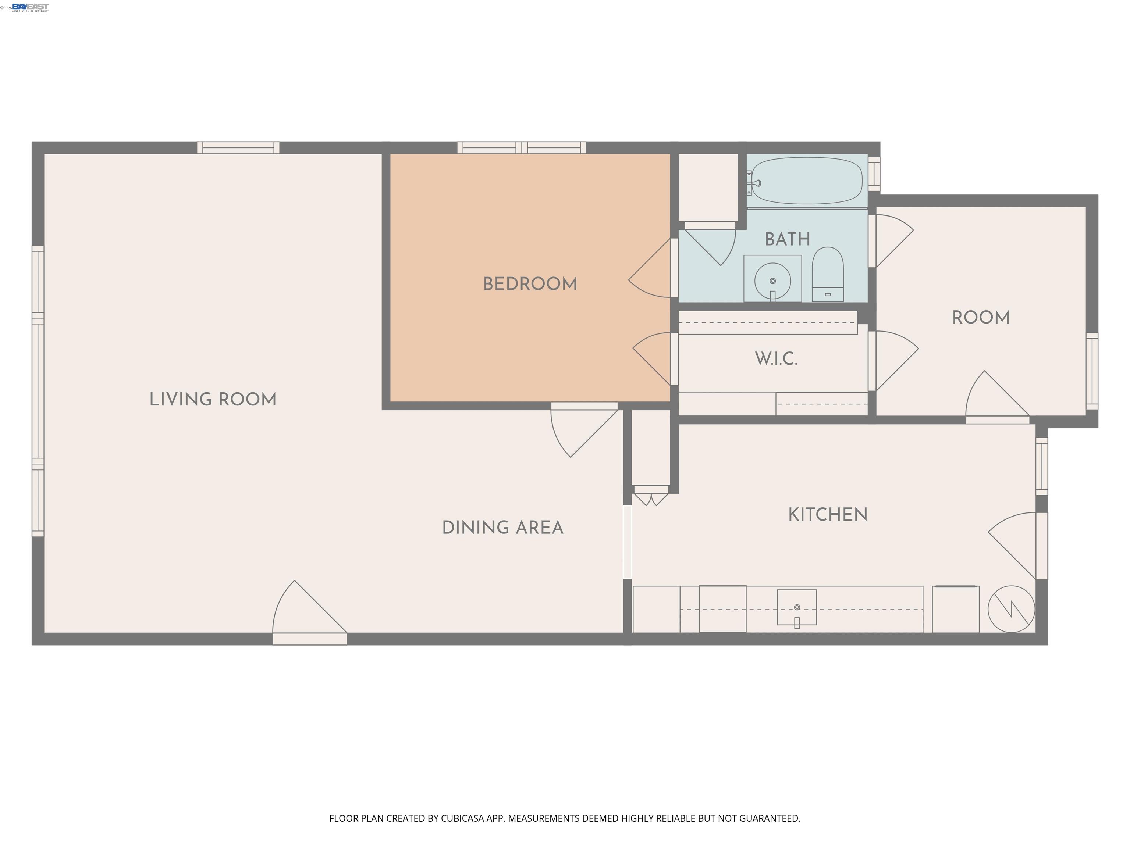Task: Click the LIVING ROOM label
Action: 213,399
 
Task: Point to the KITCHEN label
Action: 828,515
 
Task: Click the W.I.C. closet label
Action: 776,359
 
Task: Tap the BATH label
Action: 787,239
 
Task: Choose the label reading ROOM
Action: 981,318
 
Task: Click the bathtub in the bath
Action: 807,181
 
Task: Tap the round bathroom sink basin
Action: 772,281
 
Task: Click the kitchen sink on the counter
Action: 796,608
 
